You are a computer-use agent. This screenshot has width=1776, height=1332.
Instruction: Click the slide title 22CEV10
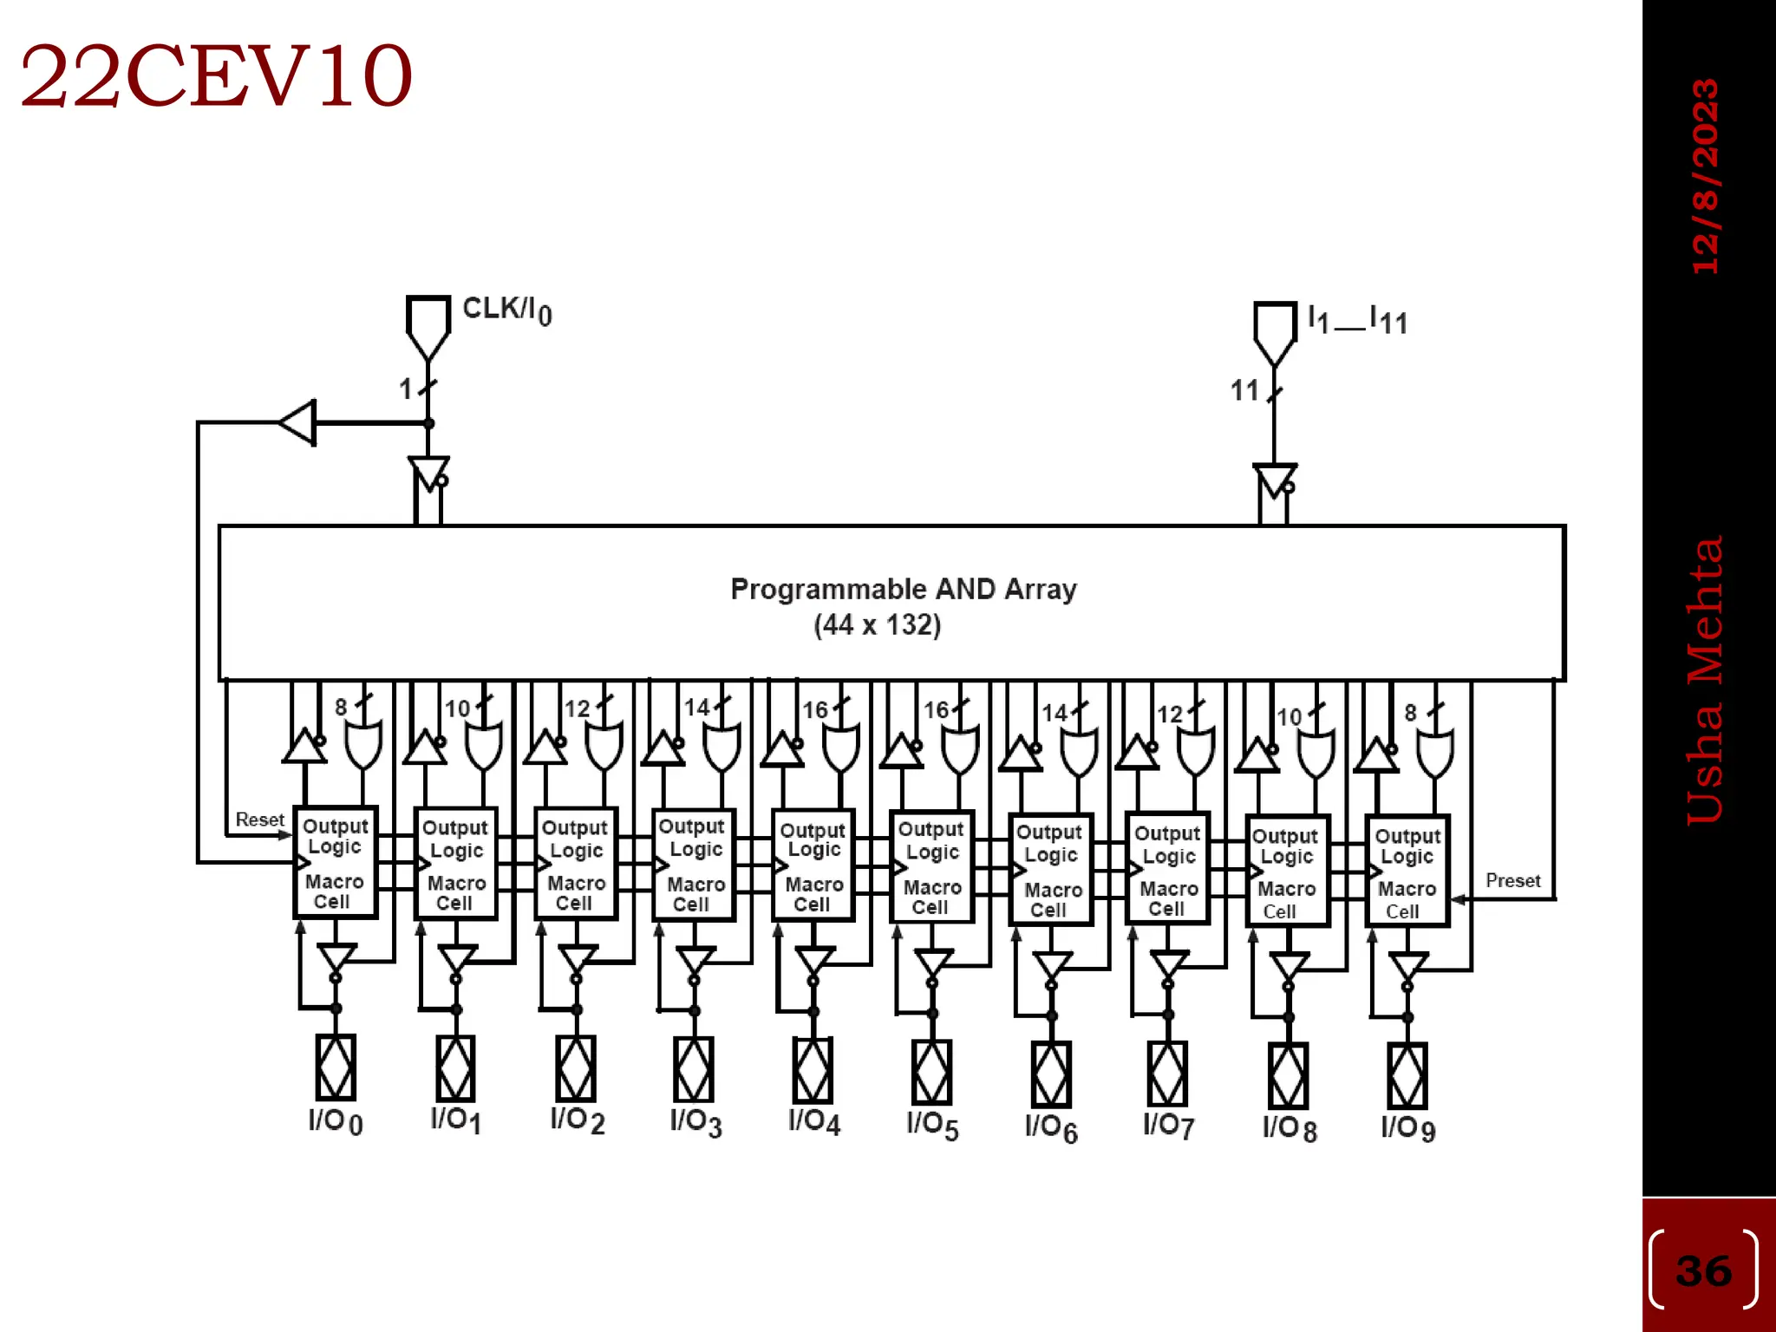click(x=216, y=77)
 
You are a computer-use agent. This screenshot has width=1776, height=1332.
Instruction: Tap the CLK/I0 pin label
click(x=506, y=310)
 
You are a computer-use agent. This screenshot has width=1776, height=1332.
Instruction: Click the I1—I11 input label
click(x=1357, y=320)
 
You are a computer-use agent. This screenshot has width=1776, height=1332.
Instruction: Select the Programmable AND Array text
click(x=903, y=589)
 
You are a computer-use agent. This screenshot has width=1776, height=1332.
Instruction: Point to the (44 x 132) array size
click(x=877, y=625)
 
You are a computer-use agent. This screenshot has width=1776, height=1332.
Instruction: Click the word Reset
click(x=259, y=819)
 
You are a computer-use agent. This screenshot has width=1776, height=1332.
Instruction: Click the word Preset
click(x=1512, y=881)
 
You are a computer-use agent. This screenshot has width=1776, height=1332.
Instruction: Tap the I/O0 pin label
click(x=335, y=1122)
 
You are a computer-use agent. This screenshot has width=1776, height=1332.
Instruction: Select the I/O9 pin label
click(x=1407, y=1128)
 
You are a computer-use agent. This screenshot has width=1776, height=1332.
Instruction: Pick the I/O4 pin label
click(x=813, y=1122)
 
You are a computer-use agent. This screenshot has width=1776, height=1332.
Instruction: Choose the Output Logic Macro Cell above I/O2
click(x=576, y=864)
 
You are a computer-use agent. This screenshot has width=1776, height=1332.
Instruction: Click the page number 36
click(x=1703, y=1270)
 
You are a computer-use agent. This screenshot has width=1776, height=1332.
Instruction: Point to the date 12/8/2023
click(x=1706, y=177)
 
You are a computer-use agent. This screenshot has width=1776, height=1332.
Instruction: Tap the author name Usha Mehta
click(x=1705, y=681)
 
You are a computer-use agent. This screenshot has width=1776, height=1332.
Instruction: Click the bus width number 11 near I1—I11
click(x=1244, y=391)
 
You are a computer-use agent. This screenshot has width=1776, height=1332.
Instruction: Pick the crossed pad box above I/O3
click(x=694, y=1070)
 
